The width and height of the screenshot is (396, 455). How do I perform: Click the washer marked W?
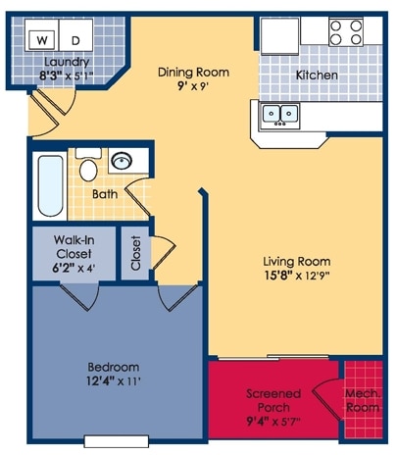pos(42,39)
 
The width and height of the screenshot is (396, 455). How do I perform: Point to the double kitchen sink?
pos(279,115)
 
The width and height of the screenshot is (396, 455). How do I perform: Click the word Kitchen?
pos(317,76)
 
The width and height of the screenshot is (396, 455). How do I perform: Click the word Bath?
pos(105,194)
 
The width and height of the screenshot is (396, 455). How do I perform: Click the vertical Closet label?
pos(135,253)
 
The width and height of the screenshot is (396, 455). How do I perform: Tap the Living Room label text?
pos(296,261)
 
